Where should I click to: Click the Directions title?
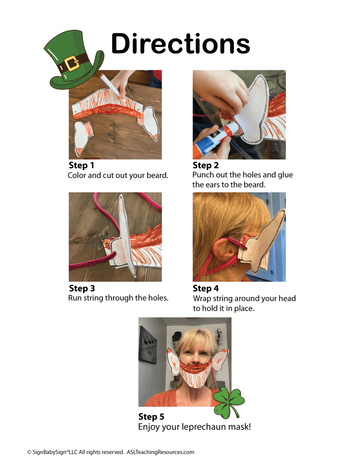pos(180,43)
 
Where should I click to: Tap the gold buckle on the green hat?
pos(72,64)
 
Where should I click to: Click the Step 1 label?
pos(81,165)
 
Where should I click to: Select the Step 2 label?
pos(206,165)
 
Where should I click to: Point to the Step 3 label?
pos(82,288)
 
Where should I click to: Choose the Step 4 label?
pos(206,288)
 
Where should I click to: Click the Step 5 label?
pos(151,417)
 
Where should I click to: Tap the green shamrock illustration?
pos(229,401)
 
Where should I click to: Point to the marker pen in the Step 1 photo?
pos(110,86)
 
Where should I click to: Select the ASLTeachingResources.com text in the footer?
pos(161,452)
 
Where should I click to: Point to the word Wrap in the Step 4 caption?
pos(201,299)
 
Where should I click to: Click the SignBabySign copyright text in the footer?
pos(76,452)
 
